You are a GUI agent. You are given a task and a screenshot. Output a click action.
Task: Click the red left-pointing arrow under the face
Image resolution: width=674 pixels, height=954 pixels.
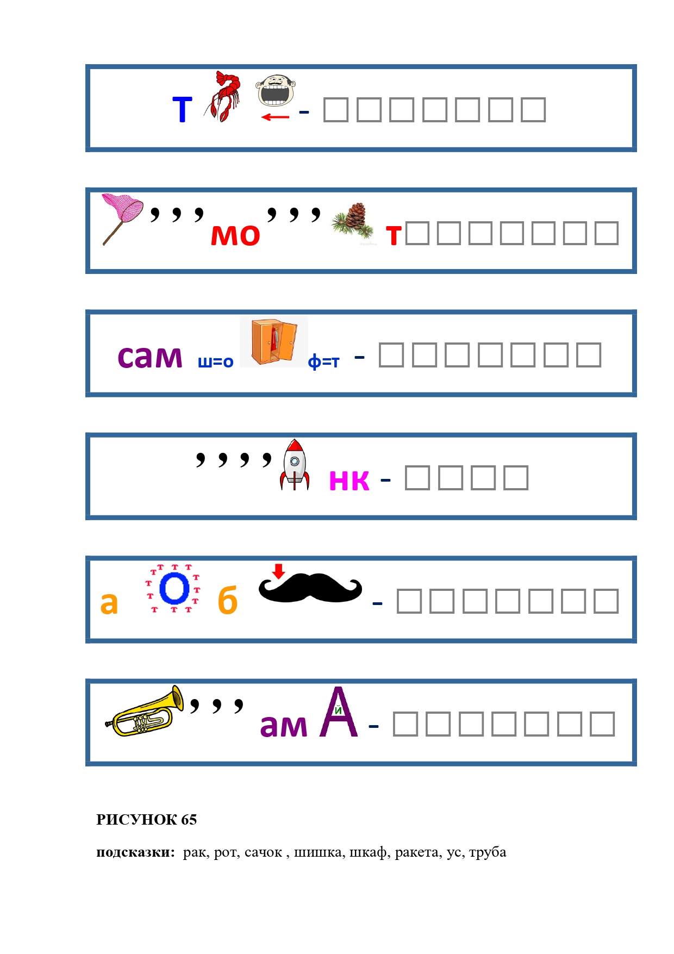point(275,117)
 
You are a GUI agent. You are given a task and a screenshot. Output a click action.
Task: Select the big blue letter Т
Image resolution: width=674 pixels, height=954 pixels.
point(182,110)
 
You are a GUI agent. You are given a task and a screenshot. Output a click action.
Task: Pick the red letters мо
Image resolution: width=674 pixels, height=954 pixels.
point(235,235)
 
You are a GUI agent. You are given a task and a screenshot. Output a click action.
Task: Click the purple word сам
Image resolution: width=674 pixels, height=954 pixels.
point(150,357)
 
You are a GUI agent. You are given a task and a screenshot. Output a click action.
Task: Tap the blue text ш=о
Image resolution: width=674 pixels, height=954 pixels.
point(216,361)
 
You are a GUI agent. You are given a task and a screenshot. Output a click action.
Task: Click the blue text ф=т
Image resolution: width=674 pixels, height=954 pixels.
point(323,362)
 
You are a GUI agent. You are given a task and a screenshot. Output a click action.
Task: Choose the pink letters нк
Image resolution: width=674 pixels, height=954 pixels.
point(349,480)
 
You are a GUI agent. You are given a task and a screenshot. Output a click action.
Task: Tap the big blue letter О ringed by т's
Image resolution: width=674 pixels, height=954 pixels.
point(174,589)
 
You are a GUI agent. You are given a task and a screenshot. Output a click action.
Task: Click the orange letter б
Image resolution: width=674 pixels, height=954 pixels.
point(227,601)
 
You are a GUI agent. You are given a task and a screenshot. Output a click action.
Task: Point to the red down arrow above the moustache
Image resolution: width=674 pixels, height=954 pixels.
point(279,571)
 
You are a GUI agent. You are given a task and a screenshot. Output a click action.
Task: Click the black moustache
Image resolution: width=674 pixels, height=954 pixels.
point(310,588)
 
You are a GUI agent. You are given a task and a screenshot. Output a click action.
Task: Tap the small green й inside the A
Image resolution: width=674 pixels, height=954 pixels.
point(338,710)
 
